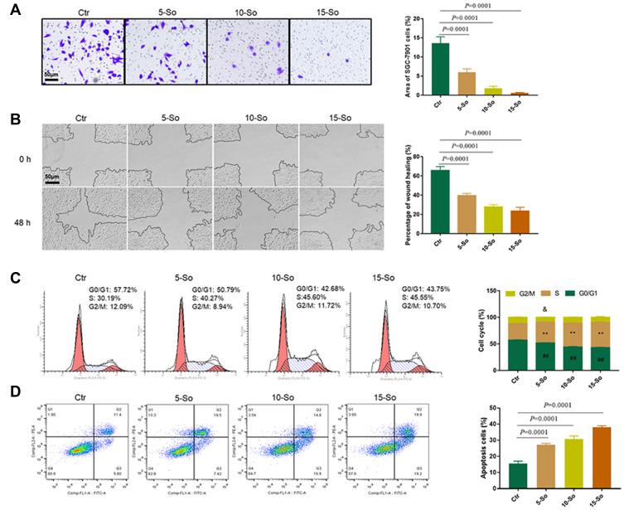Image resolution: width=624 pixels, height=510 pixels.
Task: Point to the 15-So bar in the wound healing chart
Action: (x=520, y=218)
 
